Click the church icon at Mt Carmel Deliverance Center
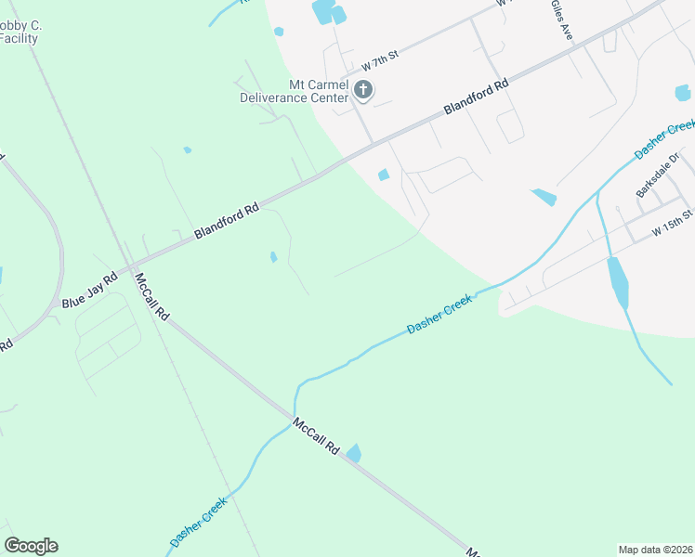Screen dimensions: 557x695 [363, 90]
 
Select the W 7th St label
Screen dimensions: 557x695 [380, 61]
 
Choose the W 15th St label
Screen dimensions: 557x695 [672, 221]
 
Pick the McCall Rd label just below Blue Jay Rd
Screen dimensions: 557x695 [151, 296]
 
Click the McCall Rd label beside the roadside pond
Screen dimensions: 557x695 [315, 435]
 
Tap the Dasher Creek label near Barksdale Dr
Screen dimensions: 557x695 [665, 138]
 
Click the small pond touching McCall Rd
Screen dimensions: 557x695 [353, 453]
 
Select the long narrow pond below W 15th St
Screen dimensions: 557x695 [617, 282]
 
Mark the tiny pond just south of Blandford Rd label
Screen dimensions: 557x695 [272, 257]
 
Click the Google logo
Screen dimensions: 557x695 [31, 546]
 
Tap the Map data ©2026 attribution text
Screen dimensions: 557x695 [656, 549]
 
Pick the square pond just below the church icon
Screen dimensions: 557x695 [384, 175]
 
